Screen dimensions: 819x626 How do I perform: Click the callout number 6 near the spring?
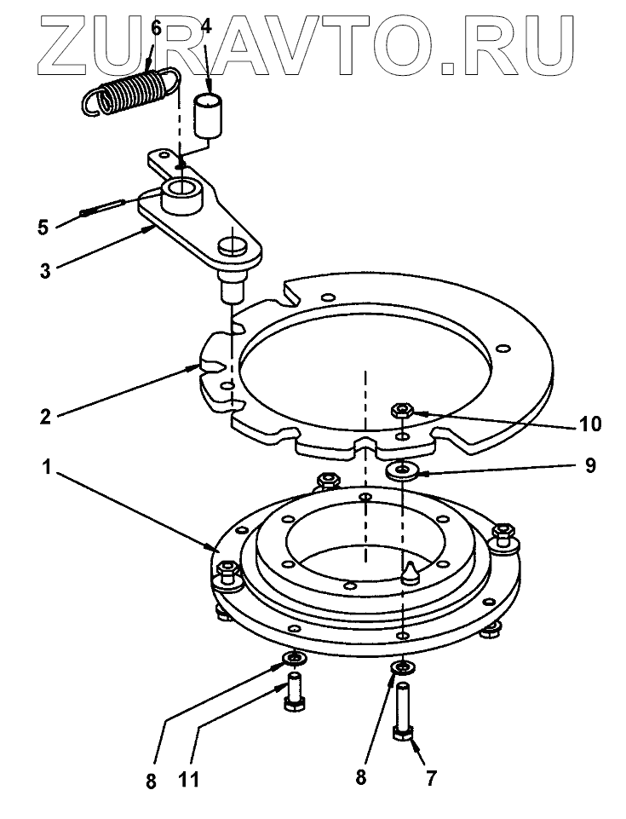(x=155, y=26)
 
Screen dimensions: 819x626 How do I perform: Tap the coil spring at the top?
(x=131, y=92)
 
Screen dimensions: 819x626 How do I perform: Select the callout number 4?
(x=206, y=26)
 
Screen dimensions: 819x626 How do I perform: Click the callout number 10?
(x=590, y=423)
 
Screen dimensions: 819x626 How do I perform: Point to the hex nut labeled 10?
(x=402, y=412)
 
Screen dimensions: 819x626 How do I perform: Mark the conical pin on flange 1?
(x=410, y=572)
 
